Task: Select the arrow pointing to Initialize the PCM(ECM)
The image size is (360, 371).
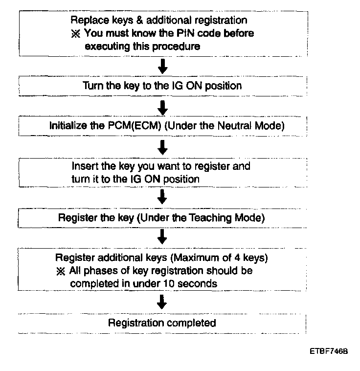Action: pos(164,106)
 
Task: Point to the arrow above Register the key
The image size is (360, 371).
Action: pos(164,197)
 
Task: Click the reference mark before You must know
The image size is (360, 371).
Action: pos(75,34)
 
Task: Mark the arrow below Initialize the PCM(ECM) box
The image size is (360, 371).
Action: pos(164,145)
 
